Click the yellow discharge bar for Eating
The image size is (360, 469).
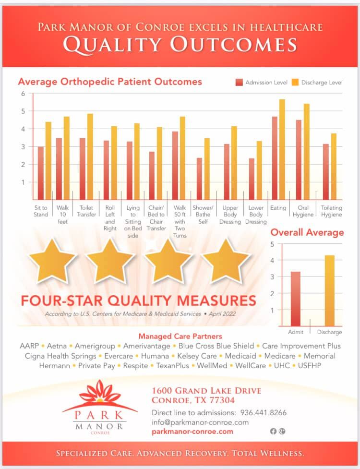tap(282, 150)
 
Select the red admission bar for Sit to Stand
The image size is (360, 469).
tap(41, 173)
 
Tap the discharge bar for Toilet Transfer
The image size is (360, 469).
tap(90, 156)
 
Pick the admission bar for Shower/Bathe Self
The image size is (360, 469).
tap(199, 179)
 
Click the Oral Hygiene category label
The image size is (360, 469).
tap(303, 211)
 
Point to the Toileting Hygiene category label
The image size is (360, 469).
tap(332, 211)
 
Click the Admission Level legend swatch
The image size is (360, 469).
tap(239, 82)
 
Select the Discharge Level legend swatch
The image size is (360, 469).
tap(295, 82)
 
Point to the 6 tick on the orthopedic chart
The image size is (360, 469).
tap(23, 94)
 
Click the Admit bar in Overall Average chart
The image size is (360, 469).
tap(295, 299)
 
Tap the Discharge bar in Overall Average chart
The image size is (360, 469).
tap(329, 291)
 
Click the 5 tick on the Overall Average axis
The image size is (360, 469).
tap(272, 244)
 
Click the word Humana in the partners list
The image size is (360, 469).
tap(155, 356)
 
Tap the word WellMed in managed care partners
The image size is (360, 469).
tap(212, 365)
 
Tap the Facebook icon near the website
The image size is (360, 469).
tap(273, 431)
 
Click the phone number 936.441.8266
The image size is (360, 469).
tap(264, 412)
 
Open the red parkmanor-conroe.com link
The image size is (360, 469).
tap(192, 432)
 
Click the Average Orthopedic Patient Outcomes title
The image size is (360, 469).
tap(110, 82)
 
